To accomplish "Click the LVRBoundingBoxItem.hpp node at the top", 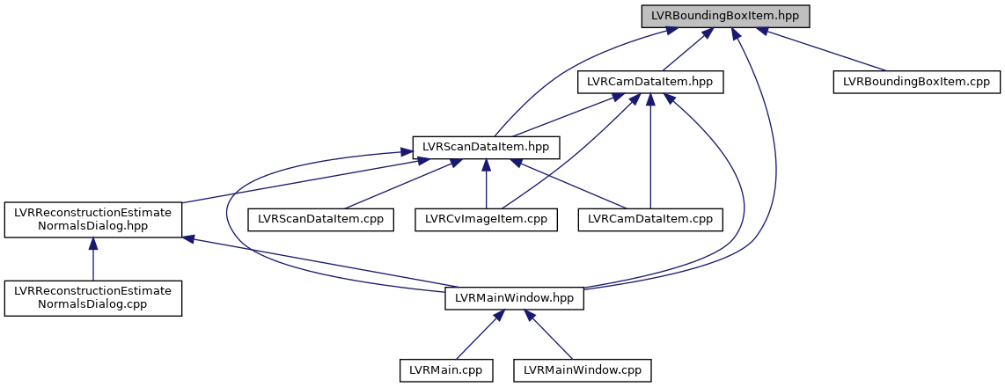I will click(724, 16).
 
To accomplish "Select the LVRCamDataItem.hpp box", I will click(649, 82).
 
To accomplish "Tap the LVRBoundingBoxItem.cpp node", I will click(916, 82).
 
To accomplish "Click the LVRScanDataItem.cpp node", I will click(319, 218).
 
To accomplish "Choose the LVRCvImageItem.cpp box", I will click(487, 218).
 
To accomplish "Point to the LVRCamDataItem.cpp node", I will click(649, 218).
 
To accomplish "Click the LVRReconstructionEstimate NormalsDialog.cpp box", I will click(93, 298).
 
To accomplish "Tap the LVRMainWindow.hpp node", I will click(515, 298).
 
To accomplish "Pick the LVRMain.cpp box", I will click(445, 370).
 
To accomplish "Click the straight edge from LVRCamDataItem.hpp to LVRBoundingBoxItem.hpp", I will click(686, 50).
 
